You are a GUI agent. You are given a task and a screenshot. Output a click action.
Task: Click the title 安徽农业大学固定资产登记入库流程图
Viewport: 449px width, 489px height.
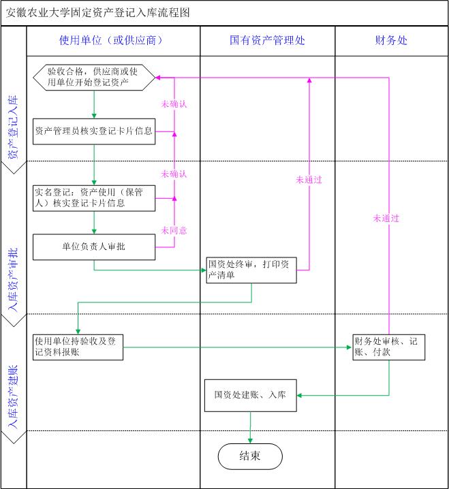[97, 13]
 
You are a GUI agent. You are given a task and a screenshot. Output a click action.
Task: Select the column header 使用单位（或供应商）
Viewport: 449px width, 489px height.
[112, 41]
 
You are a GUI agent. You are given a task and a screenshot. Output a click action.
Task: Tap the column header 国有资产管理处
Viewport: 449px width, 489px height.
[267, 41]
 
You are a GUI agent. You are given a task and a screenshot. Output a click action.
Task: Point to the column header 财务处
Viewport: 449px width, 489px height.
[391, 41]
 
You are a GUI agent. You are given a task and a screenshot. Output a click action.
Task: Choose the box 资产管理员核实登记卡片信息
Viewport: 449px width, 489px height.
[94, 131]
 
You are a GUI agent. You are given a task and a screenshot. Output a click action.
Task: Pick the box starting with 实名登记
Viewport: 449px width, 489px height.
[94, 197]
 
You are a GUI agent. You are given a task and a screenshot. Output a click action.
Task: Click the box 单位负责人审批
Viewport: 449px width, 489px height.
[94, 247]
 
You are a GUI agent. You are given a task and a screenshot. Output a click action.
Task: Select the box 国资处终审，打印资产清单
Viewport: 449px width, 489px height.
[251, 269]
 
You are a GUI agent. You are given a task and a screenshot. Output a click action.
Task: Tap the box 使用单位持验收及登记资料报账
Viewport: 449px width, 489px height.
[78, 347]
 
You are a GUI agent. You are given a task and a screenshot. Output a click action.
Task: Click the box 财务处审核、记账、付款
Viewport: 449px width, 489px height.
[389, 347]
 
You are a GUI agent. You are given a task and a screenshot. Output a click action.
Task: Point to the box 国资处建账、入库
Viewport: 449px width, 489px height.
[251, 395]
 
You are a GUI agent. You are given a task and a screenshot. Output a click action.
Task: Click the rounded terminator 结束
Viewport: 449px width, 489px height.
[250, 456]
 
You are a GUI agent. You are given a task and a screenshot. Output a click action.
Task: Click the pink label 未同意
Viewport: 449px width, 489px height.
[174, 230]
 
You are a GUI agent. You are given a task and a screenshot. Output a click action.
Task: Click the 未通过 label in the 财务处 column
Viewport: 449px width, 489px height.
[386, 219]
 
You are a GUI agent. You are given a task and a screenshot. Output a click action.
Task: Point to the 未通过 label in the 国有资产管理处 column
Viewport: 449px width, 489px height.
[309, 180]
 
